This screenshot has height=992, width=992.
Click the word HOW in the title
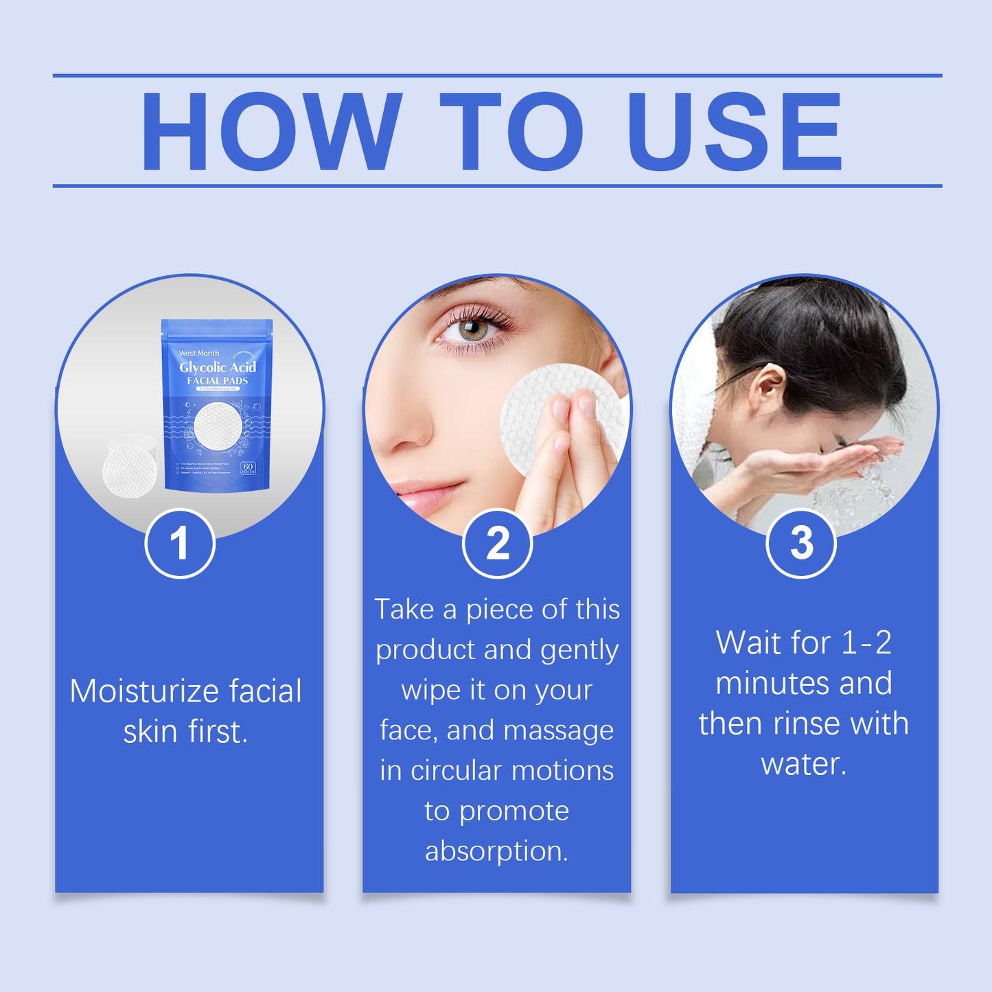pyautogui.click(x=270, y=131)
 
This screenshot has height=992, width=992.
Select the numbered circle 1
pyautogui.click(x=180, y=544)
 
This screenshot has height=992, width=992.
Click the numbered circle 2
pyautogui.click(x=497, y=544)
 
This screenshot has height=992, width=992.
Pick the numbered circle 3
pyautogui.click(x=801, y=544)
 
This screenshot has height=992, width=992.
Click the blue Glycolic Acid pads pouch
pyautogui.click(x=217, y=405)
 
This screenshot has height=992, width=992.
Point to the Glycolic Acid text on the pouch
pyautogui.click(x=218, y=367)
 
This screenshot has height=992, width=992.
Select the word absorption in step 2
pyautogui.click(x=496, y=851)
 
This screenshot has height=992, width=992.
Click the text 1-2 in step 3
pyautogui.click(x=866, y=643)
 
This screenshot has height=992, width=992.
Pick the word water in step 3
pyautogui.click(x=803, y=764)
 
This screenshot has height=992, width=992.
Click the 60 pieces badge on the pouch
pyautogui.click(x=248, y=468)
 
